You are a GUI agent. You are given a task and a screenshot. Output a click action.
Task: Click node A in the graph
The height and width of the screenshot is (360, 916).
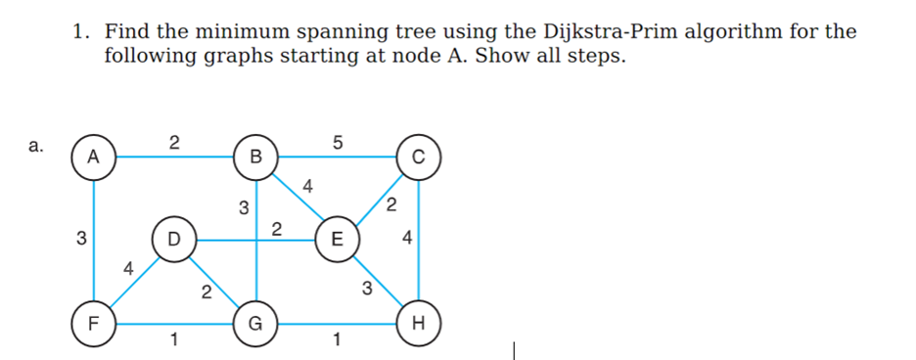[94, 156]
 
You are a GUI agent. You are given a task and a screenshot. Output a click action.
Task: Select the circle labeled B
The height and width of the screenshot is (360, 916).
[256, 156]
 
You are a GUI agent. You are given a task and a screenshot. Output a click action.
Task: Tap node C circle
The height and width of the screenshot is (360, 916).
[419, 156]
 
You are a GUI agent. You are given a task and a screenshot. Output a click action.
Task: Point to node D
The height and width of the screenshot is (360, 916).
[174, 238]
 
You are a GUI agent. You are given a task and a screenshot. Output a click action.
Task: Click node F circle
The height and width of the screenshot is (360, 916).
[94, 321]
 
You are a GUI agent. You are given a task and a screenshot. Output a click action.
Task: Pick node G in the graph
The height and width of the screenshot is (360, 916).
[256, 321]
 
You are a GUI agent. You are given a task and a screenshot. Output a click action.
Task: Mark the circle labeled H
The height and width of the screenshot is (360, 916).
[419, 321]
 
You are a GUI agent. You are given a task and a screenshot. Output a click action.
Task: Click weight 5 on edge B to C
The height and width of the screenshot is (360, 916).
[338, 141]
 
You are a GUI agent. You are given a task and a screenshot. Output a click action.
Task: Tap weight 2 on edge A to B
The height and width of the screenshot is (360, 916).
[173, 141]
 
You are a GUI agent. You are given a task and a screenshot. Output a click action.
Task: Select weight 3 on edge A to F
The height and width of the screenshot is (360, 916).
[81, 238]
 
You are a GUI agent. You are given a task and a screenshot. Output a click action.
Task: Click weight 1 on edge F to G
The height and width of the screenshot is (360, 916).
[173, 340]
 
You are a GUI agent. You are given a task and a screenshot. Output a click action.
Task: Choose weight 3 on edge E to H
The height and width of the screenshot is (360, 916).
[366, 288]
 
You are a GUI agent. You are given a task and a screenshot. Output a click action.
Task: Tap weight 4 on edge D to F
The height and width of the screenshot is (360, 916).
[126, 266]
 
